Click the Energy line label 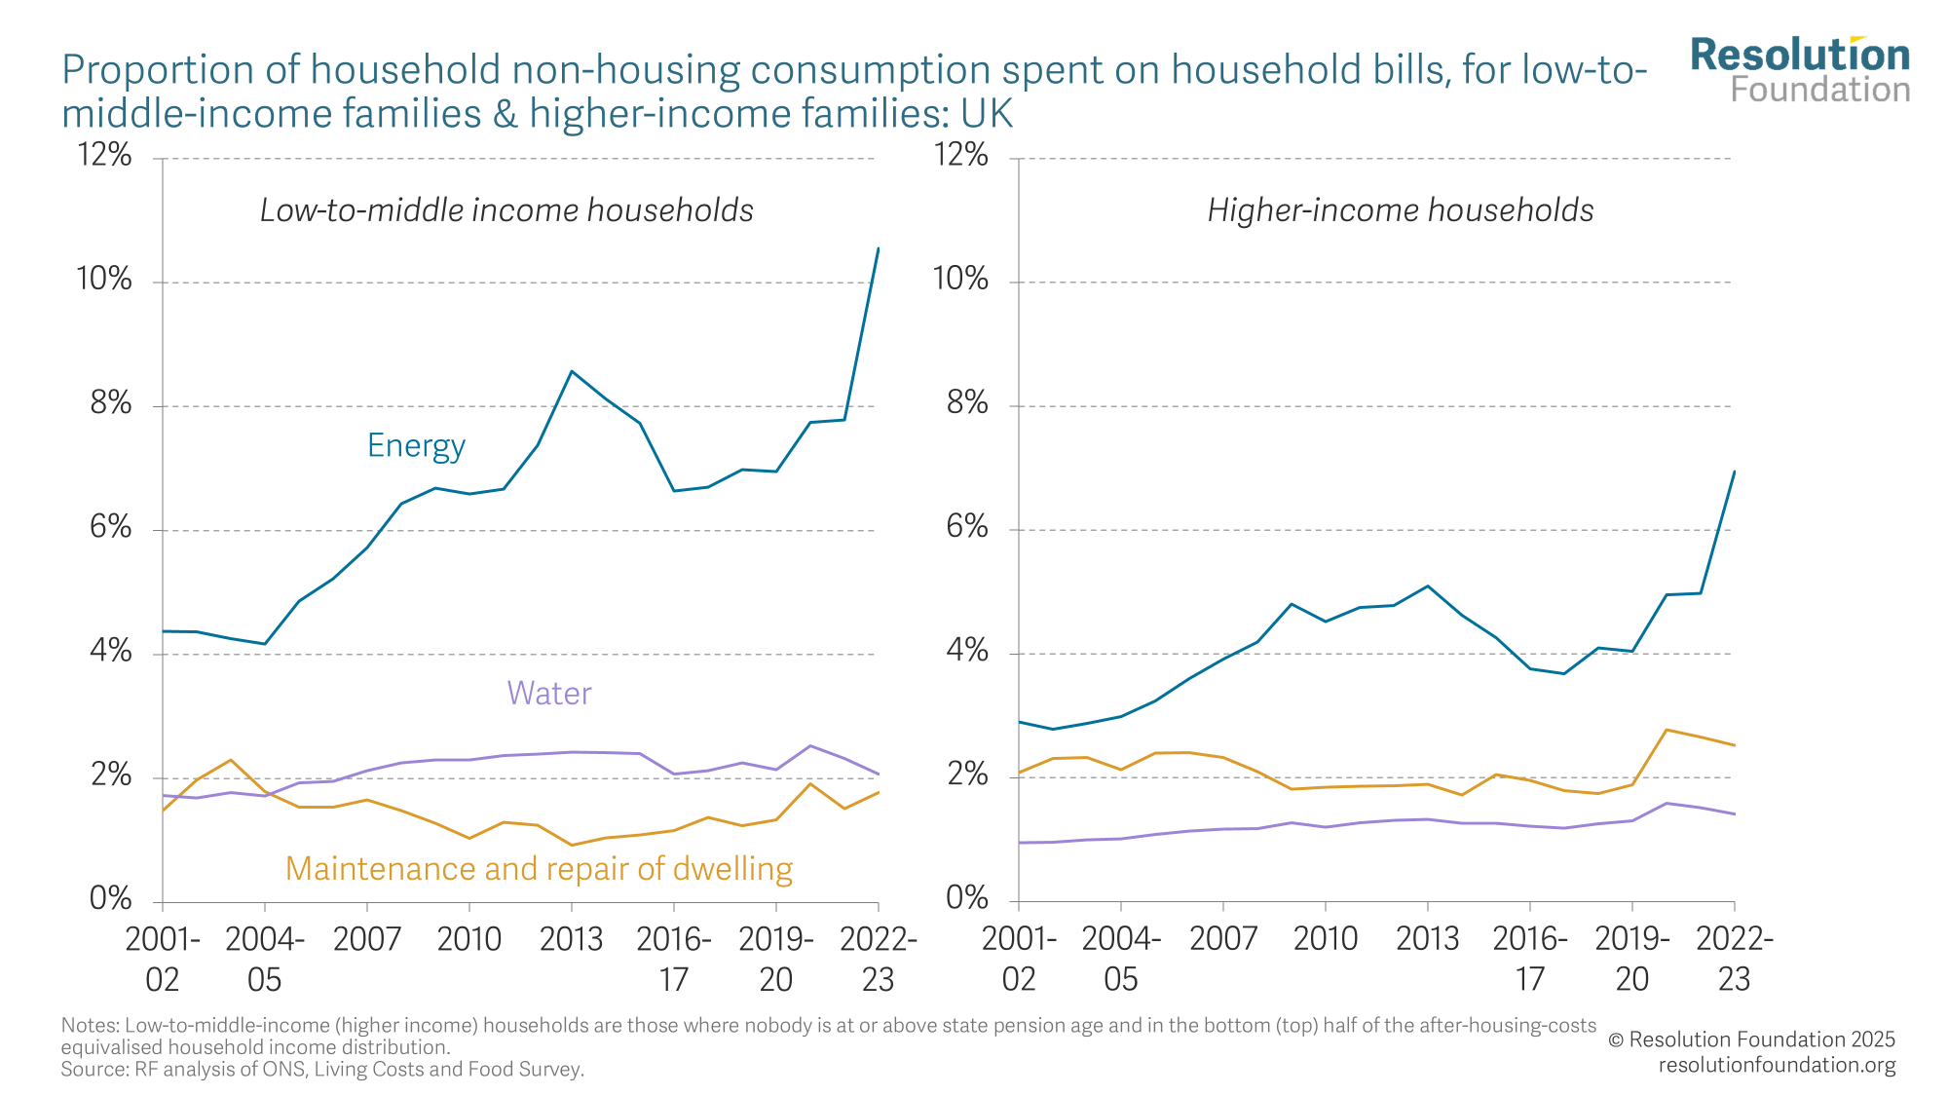(416, 446)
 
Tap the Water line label (549, 694)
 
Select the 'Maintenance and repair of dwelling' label (539, 869)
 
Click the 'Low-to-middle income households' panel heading (506, 210)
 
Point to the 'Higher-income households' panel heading (1400, 210)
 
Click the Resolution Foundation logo (1800, 70)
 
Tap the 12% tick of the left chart (104, 155)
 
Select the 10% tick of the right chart (960, 280)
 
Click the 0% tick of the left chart (110, 898)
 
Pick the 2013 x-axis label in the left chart (571, 939)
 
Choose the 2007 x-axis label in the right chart (1222, 939)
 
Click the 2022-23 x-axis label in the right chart (1735, 959)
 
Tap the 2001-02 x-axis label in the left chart (163, 959)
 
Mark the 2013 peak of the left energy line (572, 371)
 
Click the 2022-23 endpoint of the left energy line (879, 248)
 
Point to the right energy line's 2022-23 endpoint (1735, 472)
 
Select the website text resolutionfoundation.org (1777, 1065)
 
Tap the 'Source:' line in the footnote (322, 1070)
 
